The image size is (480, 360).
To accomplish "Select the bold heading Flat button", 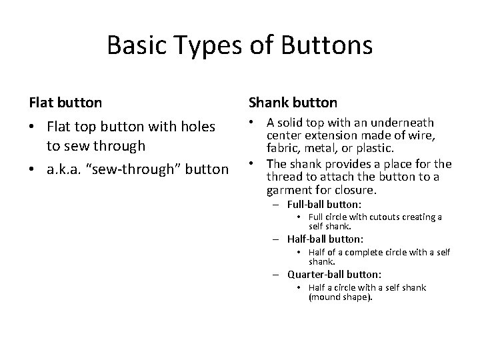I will [65, 103].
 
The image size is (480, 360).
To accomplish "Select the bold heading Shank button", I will [293, 103].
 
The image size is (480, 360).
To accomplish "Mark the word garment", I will [288, 189].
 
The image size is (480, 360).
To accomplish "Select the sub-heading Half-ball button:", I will [325, 239].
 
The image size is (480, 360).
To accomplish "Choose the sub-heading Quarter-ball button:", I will [335, 274].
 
